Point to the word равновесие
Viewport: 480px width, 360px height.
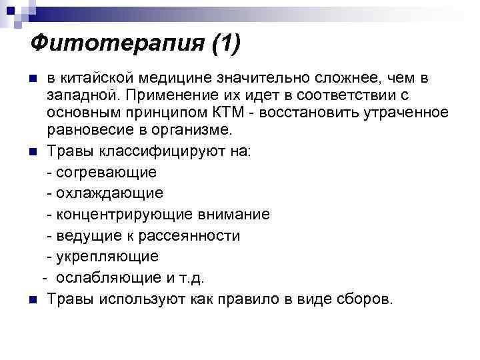89,127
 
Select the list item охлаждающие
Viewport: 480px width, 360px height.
110,193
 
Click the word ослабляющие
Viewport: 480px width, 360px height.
108,277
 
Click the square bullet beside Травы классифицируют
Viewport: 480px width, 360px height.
33,152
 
